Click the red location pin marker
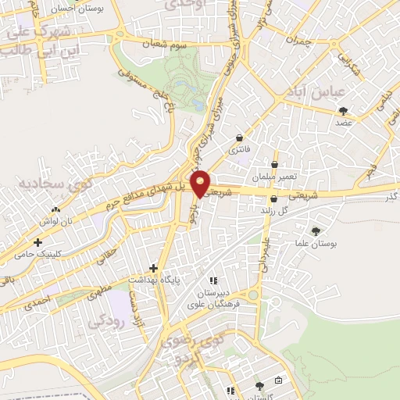pos(202,183)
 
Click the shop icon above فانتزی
pos(237,137)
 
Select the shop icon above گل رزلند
pos(274,198)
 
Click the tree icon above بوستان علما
pos(316,230)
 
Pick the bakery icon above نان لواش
pos(55,210)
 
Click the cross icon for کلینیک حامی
pos(37,243)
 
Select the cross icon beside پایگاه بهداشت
pos(154,266)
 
